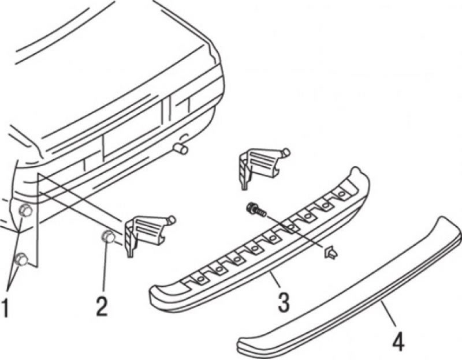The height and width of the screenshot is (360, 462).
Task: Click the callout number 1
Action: click(x=6, y=307)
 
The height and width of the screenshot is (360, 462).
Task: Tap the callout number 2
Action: click(x=102, y=306)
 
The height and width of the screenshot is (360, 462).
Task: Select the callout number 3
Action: click(x=283, y=302)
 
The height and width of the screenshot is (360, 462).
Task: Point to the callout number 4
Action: click(x=398, y=340)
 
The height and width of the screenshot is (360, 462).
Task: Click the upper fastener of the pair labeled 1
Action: click(x=25, y=211)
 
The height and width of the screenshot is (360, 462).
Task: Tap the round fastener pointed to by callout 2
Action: click(x=108, y=237)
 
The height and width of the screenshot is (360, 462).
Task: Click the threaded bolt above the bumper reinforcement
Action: click(x=256, y=209)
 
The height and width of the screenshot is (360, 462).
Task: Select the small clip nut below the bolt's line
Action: click(x=331, y=253)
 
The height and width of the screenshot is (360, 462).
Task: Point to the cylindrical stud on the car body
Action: click(x=181, y=149)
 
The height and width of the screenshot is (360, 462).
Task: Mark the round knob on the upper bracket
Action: click(x=286, y=152)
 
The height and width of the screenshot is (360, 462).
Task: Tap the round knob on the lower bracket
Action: click(x=172, y=220)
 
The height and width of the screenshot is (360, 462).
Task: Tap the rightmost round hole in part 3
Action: click(x=342, y=194)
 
